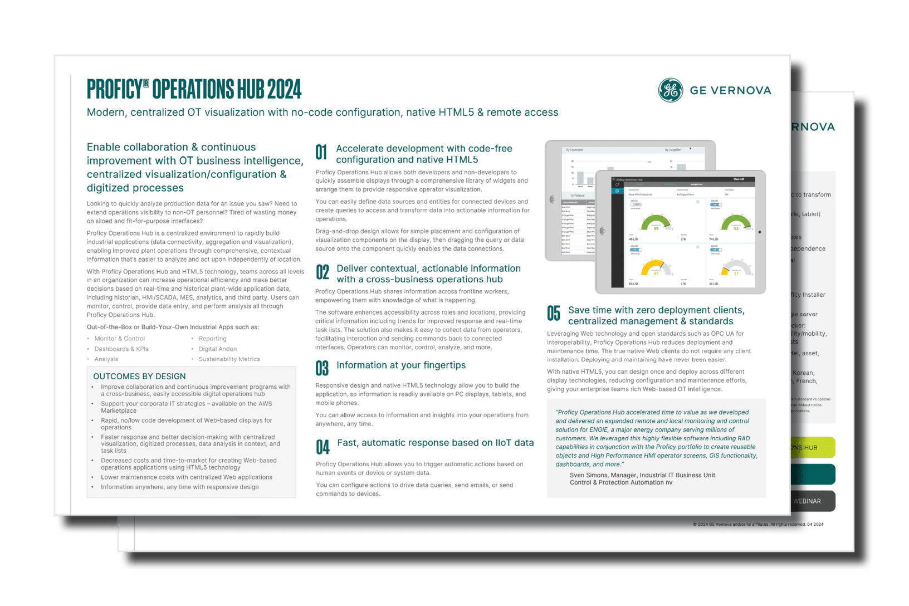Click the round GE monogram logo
(671, 90)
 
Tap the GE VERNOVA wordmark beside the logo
(730, 91)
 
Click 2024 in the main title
(284, 89)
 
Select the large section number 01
(321, 152)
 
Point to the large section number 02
(322, 272)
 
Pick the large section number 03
(322, 368)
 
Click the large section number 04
(322, 447)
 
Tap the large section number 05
(554, 314)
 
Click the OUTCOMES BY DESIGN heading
(139, 377)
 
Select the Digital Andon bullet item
(218, 349)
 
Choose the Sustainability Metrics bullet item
(229, 359)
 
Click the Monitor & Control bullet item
(120, 339)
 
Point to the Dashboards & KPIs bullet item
(121, 349)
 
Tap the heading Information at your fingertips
(401, 365)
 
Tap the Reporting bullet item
(213, 339)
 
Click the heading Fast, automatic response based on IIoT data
(435, 443)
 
